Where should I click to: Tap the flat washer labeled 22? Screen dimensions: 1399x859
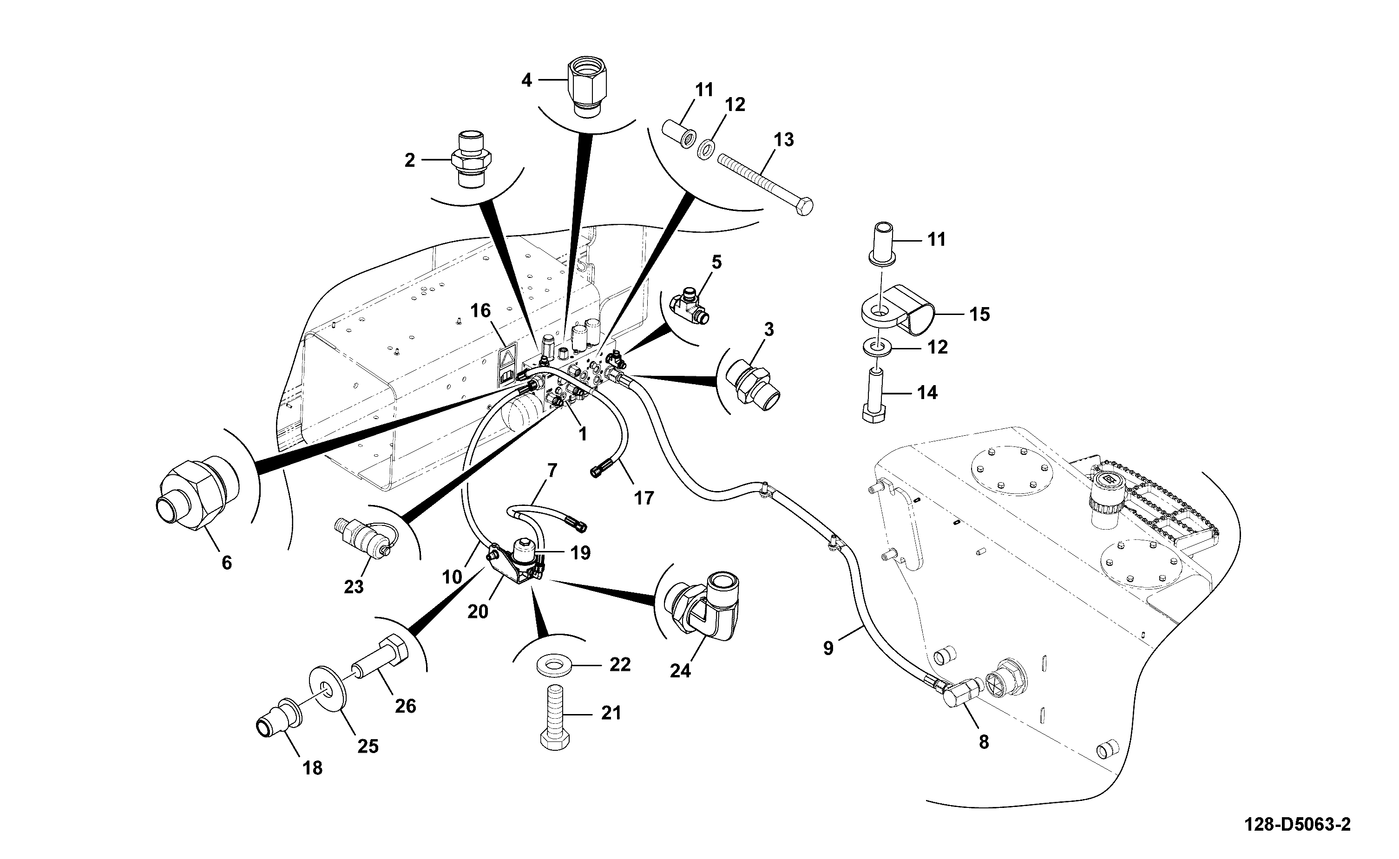(x=555, y=665)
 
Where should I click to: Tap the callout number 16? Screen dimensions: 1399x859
(x=480, y=311)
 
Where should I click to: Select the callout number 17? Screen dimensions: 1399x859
(x=644, y=498)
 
